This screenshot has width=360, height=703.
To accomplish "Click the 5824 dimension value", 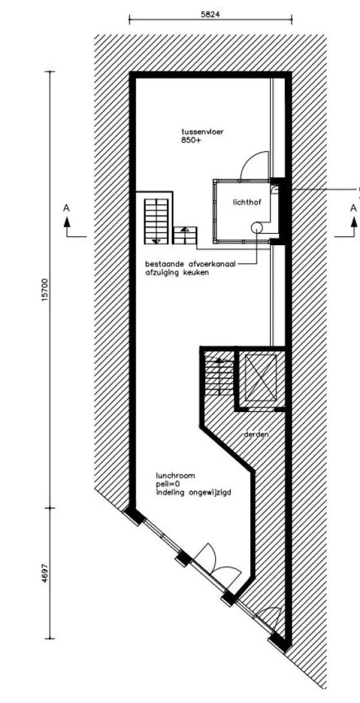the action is click(x=210, y=14).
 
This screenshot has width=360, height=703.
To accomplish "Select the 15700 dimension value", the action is click(x=44, y=290).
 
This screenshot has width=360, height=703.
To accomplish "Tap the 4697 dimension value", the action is click(x=44, y=574).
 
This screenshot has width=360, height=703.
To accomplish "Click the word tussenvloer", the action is click(x=203, y=132).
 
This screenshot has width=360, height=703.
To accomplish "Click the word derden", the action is click(x=256, y=435).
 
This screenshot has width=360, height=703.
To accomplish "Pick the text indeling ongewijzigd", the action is click(x=194, y=492).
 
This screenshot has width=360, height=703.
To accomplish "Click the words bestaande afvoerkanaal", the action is click(x=191, y=264).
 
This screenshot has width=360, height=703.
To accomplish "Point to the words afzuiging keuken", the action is click(x=176, y=272).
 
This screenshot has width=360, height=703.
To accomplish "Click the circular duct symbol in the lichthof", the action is click(x=256, y=227).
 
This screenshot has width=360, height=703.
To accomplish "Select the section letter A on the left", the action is click(x=67, y=208).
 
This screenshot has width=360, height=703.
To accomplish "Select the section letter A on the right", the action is click(x=354, y=208).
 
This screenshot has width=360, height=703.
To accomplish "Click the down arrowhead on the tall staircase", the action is click(x=156, y=241).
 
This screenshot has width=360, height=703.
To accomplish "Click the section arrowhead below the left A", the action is click(x=67, y=221).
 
